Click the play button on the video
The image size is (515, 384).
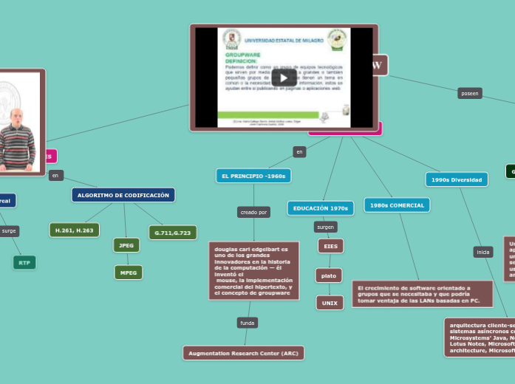(284, 78)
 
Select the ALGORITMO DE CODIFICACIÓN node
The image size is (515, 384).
(123, 195)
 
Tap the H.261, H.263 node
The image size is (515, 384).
(74, 230)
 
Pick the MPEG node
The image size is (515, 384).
(128, 272)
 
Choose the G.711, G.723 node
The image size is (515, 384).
(172, 233)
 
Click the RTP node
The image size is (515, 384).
(24, 262)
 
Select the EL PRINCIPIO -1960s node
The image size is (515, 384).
(253, 176)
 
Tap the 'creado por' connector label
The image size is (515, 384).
(253, 212)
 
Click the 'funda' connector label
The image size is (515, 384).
(248, 323)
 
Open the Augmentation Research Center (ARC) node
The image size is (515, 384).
(243, 353)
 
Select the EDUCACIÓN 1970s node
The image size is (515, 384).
(320, 208)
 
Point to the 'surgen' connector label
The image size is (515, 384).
(325, 227)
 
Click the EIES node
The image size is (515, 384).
(330, 246)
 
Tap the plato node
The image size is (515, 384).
(329, 275)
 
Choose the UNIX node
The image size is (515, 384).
(330, 303)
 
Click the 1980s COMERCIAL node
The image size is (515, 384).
(397, 205)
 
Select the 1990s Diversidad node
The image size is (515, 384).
(456, 179)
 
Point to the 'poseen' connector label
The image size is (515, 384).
(469, 93)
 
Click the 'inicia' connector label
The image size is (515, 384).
(483, 252)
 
